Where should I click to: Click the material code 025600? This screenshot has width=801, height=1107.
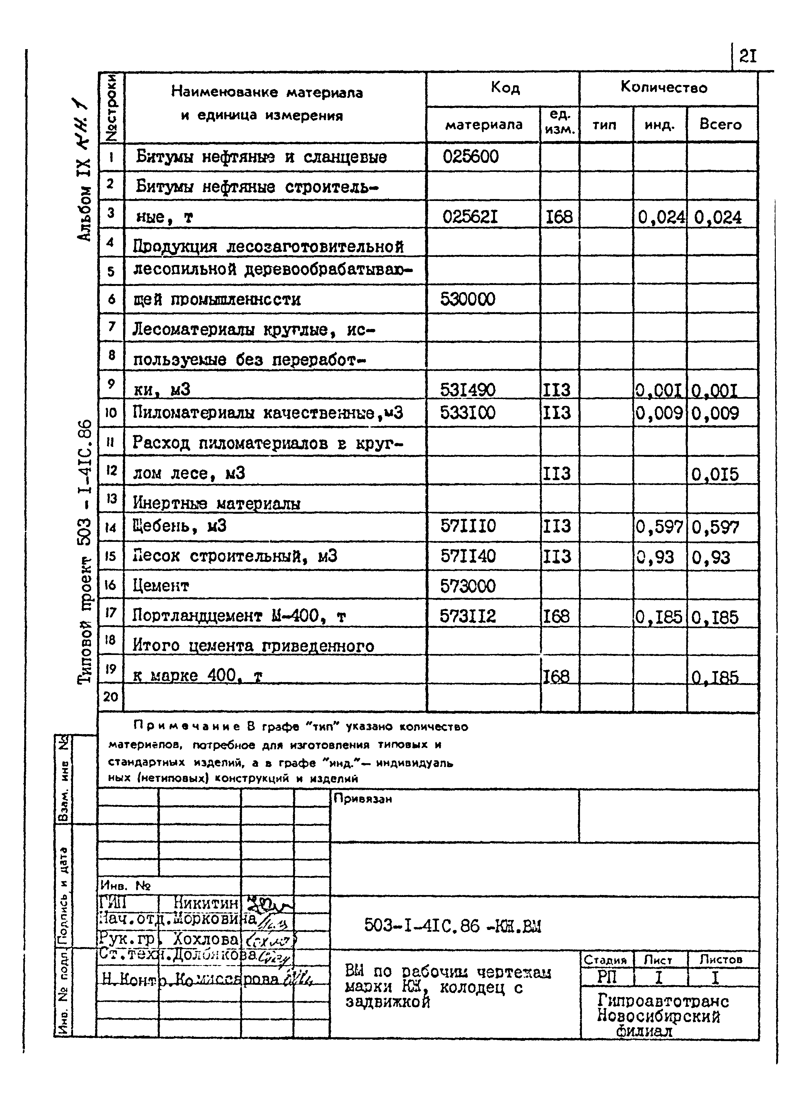tap(470, 157)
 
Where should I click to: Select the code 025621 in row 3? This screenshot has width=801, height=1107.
tap(470, 216)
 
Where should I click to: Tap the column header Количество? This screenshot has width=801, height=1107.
tap(664, 87)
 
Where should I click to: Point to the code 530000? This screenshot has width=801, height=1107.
tap(468, 299)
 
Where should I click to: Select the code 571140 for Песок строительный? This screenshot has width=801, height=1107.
tap(468, 556)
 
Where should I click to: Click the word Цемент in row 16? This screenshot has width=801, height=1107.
tap(161, 585)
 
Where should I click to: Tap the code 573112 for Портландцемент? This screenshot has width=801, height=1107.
tap(468, 616)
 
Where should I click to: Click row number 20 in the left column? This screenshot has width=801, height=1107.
tap(111, 697)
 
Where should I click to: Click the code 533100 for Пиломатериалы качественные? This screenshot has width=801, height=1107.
tap(468, 413)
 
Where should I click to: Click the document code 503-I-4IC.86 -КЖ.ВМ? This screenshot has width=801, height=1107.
tap(452, 925)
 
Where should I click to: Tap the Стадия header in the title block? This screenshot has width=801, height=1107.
tap(605, 960)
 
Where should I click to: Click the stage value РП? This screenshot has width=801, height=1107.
tap(607, 977)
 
